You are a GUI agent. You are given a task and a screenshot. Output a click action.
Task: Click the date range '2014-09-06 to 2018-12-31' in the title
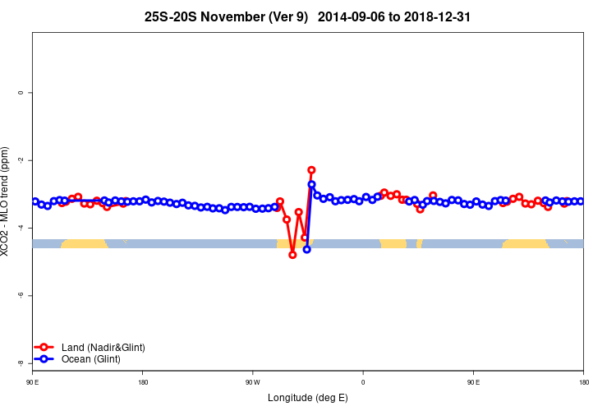point(393,16)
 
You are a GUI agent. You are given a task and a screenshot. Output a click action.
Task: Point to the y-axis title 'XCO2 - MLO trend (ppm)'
point(7,201)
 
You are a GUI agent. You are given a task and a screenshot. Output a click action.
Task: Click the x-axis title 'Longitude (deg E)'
point(307,398)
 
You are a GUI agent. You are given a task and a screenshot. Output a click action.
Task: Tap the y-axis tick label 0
point(21,93)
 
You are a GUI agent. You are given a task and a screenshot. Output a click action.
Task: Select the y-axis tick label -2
point(21,160)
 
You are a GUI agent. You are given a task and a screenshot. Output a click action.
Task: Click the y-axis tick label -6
point(21,295)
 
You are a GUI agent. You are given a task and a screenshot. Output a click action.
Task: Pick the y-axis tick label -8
point(21,363)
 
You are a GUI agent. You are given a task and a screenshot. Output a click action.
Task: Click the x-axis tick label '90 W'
point(252,382)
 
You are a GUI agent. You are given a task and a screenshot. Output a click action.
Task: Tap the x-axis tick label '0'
point(363,382)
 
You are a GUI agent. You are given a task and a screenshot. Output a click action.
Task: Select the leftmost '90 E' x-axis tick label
point(32,382)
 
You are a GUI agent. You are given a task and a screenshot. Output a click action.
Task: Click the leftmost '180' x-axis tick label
point(143,382)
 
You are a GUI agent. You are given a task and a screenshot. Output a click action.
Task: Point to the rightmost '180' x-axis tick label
point(583,382)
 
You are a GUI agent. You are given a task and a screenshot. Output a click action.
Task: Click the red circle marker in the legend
point(44,348)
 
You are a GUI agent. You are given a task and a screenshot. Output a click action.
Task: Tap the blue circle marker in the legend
point(44,359)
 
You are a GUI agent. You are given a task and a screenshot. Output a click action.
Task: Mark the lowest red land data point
point(292,255)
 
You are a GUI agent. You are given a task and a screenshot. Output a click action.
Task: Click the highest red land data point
point(311,170)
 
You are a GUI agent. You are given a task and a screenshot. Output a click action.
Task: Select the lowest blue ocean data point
point(306,248)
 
